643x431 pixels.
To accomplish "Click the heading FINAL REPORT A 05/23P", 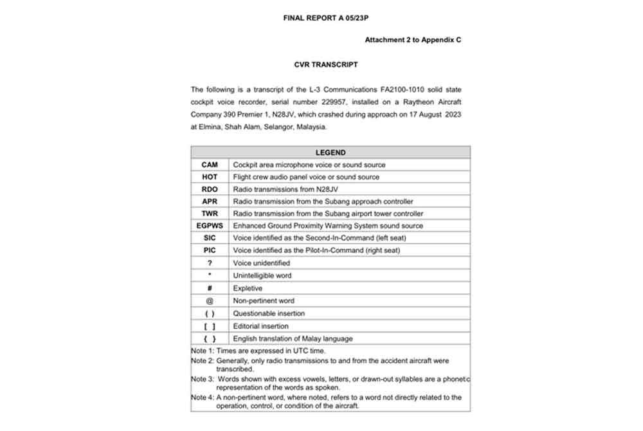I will [325, 18].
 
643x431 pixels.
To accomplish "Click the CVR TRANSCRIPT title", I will [326, 65].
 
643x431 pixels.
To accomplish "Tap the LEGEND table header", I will [331, 153].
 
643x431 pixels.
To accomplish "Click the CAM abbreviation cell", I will [210, 165].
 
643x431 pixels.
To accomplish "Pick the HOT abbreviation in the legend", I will [210, 178].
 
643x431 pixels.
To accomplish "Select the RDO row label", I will [210, 190].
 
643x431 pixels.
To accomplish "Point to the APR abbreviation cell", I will [210, 202].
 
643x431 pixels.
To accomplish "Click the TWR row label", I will [210, 214].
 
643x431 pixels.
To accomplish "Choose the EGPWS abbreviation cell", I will [210, 226].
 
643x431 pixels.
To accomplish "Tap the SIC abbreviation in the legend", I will [210, 239].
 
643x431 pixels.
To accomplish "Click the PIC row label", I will [210, 251].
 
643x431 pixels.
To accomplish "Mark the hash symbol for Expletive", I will [210, 289].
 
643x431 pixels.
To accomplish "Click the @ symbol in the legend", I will [210, 301].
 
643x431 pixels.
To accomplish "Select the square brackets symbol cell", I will [210, 327].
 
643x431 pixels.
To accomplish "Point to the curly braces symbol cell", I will [210, 339].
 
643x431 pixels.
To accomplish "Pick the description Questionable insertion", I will [269, 314].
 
